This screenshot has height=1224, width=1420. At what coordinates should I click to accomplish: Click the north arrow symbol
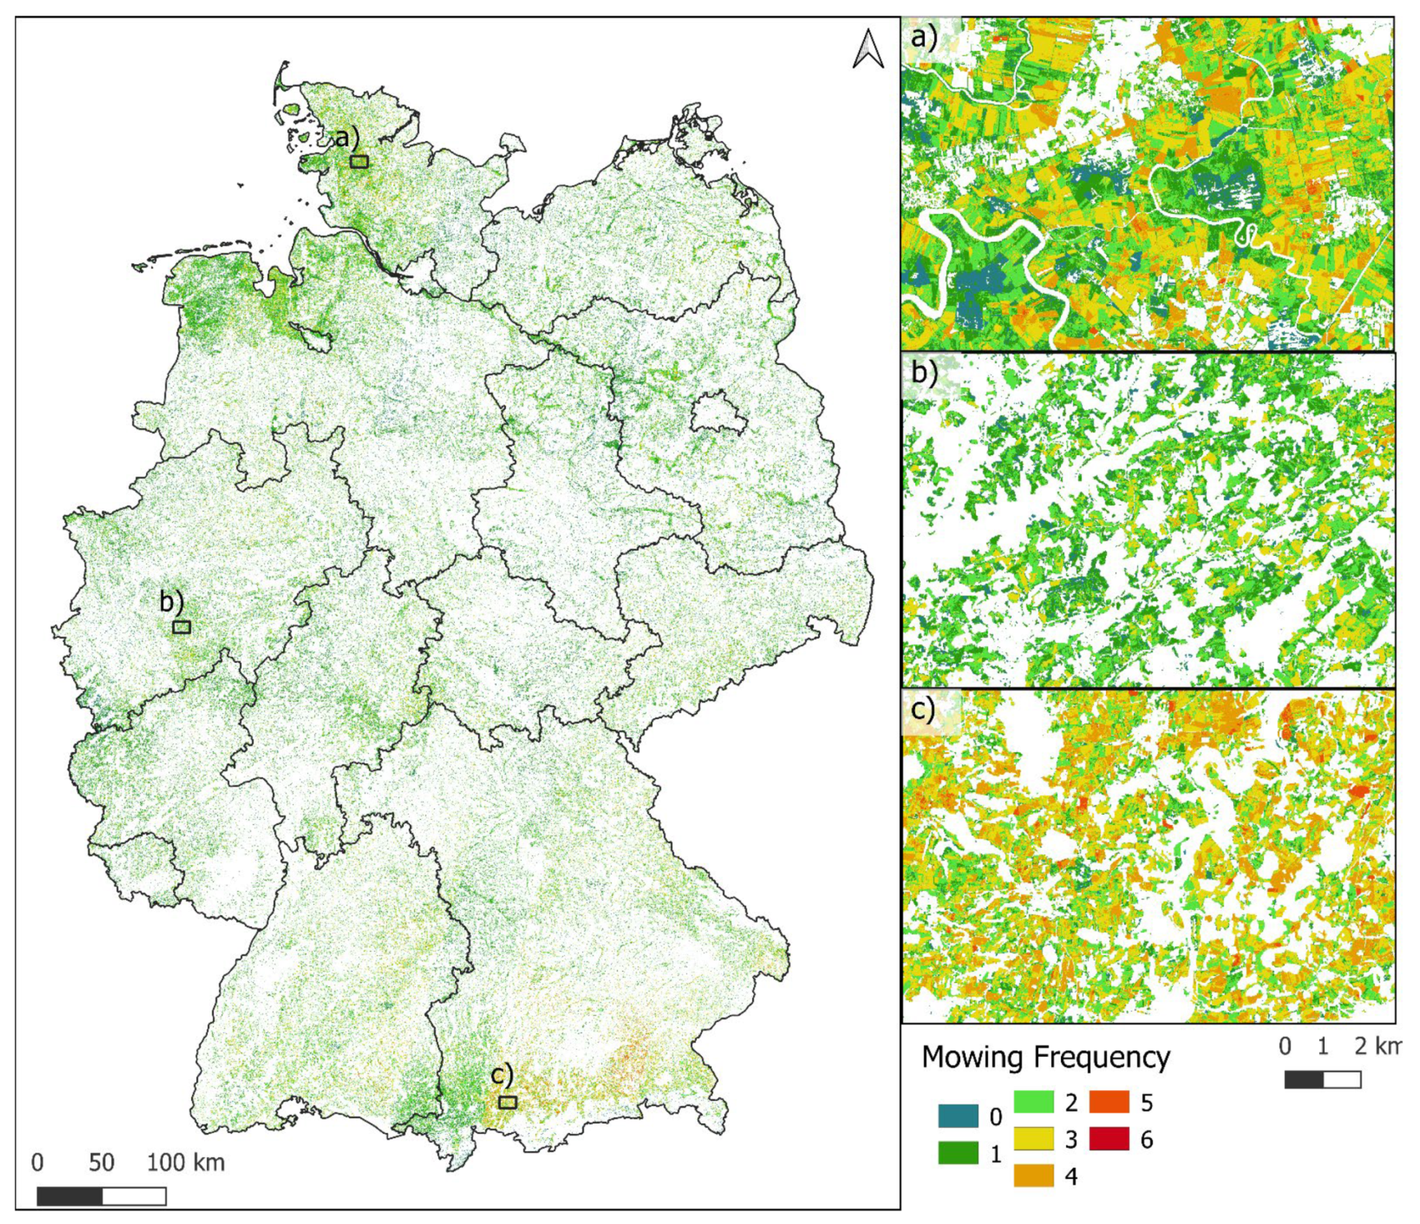click(x=867, y=50)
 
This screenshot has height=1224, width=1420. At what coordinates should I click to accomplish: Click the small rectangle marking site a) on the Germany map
click(x=359, y=162)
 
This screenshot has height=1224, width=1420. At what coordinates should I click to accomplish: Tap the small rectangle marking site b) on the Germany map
click(x=181, y=627)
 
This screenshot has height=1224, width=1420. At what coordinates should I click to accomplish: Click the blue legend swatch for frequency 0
click(x=958, y=1116)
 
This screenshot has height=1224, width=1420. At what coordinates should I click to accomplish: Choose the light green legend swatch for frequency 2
click(x=1034, y=1101)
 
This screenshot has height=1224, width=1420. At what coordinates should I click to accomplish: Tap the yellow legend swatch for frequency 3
click(x=1034, y=1139)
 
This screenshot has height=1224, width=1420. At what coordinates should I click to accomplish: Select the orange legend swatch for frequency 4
click(x=1034, y=1176)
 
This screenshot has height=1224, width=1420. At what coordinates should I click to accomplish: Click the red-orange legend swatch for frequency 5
click(x=1108, y=1101)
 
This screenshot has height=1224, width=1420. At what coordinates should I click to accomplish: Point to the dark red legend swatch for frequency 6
click(x=1108, y=1139)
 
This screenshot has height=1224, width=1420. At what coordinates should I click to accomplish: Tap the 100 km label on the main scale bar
click(x=186, y=1162)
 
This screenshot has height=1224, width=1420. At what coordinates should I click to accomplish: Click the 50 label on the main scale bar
click(x=102, y=1162)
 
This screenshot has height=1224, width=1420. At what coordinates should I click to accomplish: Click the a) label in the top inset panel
click(x=923, y=37)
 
